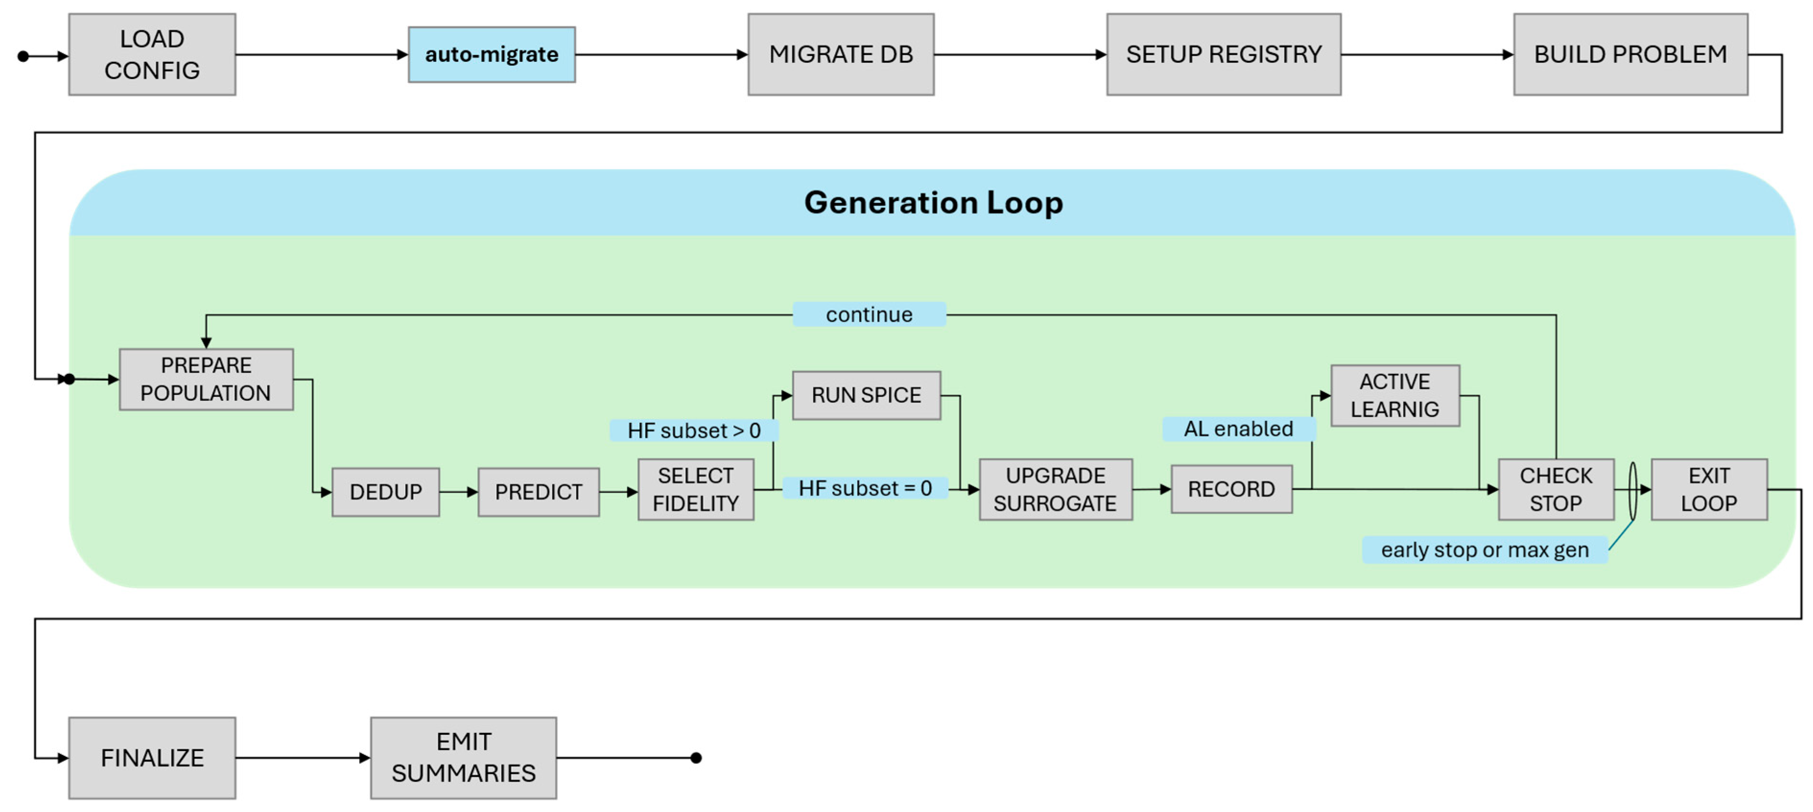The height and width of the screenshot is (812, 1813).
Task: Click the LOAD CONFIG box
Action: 152,54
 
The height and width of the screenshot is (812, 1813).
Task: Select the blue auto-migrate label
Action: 491,54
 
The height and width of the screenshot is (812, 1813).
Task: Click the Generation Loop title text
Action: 933,203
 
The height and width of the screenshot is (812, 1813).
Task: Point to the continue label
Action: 869,314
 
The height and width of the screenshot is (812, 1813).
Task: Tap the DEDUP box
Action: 386,492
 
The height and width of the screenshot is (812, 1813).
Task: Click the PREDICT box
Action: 539,492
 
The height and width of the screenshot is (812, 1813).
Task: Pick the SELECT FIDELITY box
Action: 695,490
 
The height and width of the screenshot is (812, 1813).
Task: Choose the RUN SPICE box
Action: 866,395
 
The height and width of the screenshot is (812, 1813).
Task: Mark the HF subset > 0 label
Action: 694,430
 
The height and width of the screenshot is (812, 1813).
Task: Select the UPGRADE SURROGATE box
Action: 1055,490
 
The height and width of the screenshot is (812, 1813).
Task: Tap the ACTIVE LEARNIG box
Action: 1394,395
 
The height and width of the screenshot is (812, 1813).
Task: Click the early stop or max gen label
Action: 1484,549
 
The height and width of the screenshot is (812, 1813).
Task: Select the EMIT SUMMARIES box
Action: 463,758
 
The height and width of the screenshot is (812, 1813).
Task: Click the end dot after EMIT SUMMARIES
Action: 696,758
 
